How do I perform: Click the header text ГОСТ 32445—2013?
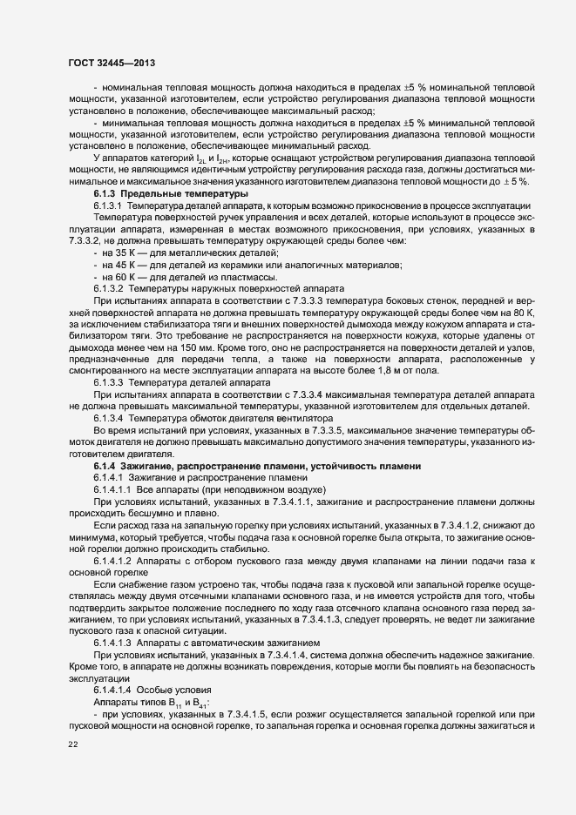112,63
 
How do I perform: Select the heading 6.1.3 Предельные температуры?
171,192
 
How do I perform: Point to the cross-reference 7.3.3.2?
90,239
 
